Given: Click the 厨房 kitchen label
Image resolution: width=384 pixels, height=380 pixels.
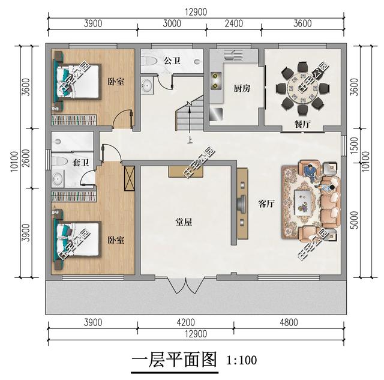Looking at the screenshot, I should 242,88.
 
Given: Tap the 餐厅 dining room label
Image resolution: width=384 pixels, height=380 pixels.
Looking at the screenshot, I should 302,124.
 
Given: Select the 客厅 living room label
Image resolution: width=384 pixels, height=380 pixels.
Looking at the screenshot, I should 266,204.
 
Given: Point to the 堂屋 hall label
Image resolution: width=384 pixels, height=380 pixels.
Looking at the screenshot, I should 184,222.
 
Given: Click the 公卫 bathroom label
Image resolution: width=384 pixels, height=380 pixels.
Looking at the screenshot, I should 172,61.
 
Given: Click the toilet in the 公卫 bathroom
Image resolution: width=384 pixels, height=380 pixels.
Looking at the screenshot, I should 150,61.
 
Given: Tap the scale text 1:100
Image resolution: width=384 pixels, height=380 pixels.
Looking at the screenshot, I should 242,361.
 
